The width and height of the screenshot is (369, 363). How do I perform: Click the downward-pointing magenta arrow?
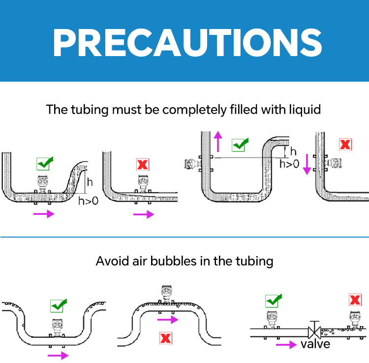coord(307,163)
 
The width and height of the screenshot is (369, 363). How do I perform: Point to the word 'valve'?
coord(315,343)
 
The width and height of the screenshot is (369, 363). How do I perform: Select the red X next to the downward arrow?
coord(345,145)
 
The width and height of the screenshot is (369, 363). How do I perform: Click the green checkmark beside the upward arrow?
coord(240,145)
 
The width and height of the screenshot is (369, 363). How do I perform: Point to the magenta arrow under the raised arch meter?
coord(167,320)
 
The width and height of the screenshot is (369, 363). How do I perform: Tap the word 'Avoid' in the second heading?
coord(111,260)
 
